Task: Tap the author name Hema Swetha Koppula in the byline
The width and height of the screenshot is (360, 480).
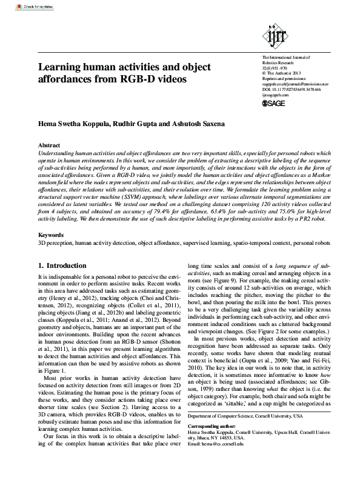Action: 74,124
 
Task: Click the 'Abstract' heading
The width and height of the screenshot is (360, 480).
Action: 49,146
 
